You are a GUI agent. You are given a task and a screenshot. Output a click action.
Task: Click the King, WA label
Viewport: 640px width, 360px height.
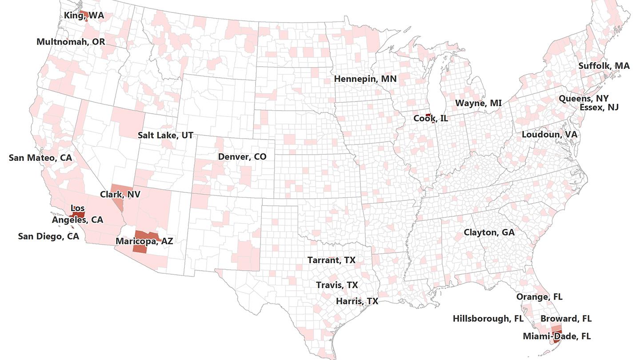coord(84,16)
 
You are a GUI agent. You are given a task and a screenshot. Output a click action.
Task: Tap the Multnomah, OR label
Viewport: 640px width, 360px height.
coord(71,42)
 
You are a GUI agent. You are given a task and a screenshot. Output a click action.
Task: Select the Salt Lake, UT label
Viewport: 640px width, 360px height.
coord(165,135)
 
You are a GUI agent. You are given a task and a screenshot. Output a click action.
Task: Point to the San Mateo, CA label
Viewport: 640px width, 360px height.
coord(40,158)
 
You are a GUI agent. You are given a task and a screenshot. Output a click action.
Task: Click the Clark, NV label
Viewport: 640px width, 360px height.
coord(120,194)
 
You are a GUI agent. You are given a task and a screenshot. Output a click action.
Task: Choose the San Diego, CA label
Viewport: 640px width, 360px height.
coord(48,236)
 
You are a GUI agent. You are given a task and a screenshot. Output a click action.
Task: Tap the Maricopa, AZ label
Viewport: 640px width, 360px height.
coord(144,241)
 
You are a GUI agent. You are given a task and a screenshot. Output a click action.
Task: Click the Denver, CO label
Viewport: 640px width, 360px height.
coord(242,157)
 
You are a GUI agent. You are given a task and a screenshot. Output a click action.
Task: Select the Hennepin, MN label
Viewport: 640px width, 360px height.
coord(365,79)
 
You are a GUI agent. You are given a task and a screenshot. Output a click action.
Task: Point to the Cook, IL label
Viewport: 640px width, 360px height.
coord(431,119)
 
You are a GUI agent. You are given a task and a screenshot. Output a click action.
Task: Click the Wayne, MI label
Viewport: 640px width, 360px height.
coord(478,104)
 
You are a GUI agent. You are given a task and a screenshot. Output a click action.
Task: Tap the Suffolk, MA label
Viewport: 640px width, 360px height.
coord(604,66)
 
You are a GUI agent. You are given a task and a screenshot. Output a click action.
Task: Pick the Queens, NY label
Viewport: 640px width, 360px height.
coord(584,98)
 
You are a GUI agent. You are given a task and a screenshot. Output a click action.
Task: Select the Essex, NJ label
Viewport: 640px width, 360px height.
coord(599,108)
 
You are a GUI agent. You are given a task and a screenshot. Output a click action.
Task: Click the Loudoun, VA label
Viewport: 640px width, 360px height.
coord(549,134)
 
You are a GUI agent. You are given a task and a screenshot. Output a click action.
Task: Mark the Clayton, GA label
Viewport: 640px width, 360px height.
coord(489,232)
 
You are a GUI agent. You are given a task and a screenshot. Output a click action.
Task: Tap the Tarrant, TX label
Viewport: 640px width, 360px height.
coord(332,260)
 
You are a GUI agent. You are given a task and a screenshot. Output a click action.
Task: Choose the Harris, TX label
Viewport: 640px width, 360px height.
coord(357,301)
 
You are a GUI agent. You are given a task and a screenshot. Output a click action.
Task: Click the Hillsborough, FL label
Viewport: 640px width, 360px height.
coord(488,319)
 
